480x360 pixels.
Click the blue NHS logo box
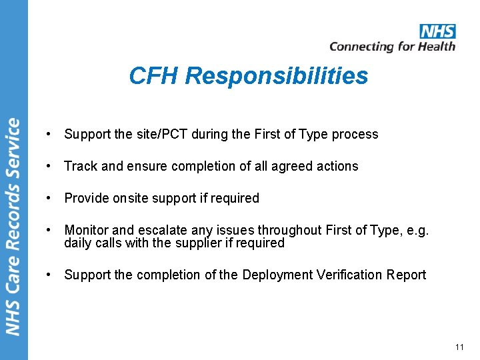(437, 31)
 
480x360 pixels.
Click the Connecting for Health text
(392, 46)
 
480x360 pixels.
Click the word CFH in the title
(155, 76)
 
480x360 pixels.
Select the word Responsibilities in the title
(277, 76)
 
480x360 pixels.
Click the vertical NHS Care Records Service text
(13, 227)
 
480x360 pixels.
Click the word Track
(80, 166)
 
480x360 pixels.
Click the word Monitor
(85, 230)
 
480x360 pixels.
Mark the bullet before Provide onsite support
(49, 198)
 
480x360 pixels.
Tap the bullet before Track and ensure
(49, 166)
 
